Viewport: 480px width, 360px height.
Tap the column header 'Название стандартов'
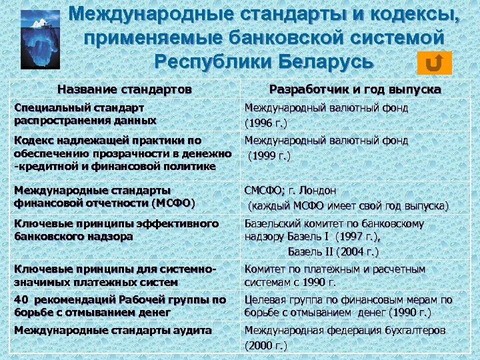(125, 89)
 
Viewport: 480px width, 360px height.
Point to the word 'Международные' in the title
(172, 13)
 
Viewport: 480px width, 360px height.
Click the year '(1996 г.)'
(266, 123)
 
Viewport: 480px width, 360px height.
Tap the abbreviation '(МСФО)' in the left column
(175, 203)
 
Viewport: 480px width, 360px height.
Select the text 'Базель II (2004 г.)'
(333, 251)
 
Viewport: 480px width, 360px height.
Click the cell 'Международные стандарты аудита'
(113, 330)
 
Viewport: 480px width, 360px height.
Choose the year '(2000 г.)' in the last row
(266, 345)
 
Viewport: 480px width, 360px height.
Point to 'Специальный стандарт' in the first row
(79, 107)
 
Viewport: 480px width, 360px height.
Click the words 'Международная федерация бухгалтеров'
(345, 330)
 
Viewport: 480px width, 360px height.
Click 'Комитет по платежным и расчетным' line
(335, 269)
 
